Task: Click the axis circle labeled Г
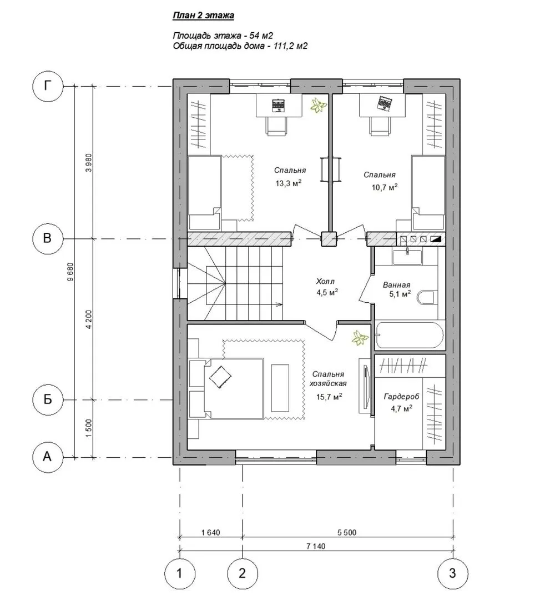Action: point(47,86)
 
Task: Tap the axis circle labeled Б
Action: point(47,399)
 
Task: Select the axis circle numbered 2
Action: point(243,573)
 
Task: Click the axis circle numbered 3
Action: point(452,573)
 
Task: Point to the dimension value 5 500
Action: point(347,532)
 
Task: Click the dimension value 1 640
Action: point(210,532)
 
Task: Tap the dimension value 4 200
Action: point(89,319)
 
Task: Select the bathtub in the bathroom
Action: point(410,335)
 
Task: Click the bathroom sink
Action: point(407,256)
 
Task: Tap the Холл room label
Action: point(325,282)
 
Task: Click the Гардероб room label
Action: point(401,397)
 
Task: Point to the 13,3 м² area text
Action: point(289,183)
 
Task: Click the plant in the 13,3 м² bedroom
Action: point(318,105)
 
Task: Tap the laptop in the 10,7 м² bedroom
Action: point(385,103)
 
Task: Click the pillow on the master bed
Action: point(220,377)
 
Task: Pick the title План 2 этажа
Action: point(203,16)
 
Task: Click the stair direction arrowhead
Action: point(280,304)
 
